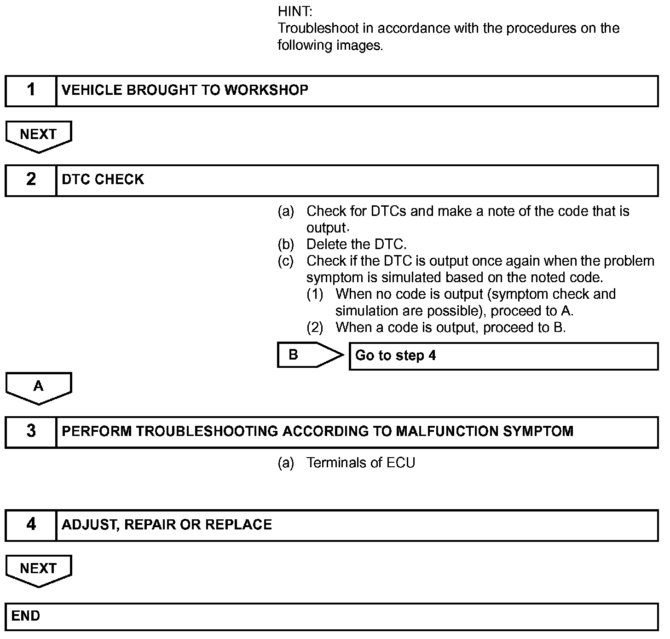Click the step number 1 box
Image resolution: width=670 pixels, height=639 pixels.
[31, 90]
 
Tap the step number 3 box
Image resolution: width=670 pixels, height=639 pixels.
[31, 431]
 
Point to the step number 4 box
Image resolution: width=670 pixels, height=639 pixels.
[31, 525]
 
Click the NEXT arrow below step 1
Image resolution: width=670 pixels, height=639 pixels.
[39, 135]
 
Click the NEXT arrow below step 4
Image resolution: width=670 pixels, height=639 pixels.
[39, 569]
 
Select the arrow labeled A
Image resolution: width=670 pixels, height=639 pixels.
[39, 387]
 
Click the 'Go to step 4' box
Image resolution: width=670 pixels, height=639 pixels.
[503, 356]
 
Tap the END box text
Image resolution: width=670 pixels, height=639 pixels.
[26, 616]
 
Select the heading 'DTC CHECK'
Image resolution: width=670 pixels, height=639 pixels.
[103, 180]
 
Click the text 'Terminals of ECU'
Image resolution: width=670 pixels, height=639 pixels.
[360, 463]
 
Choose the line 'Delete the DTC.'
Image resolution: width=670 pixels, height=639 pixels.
[356, 244]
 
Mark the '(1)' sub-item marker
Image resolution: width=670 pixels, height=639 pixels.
[315, 294]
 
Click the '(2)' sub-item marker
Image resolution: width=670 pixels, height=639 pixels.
[315, 328]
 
